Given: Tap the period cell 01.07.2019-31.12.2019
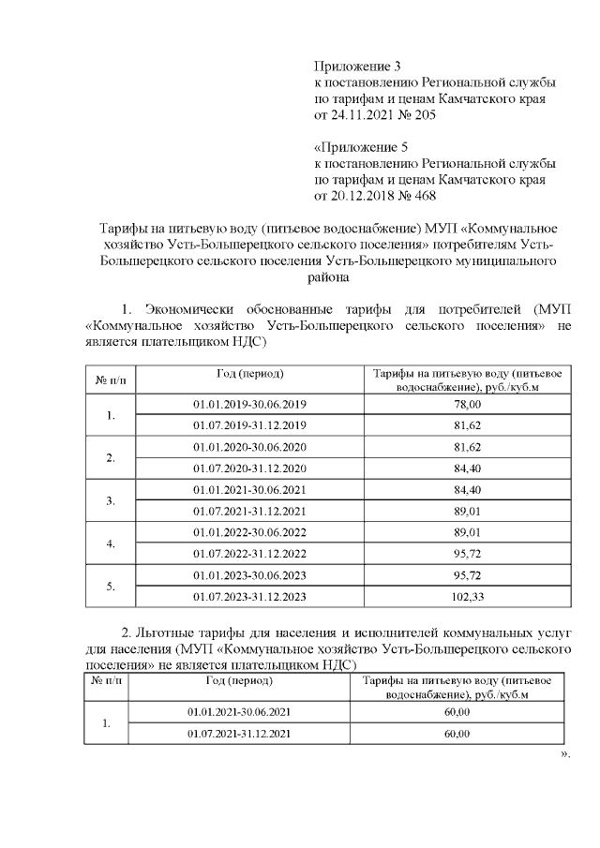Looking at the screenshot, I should point(249,424).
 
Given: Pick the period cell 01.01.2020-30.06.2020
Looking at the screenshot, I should point(249,446).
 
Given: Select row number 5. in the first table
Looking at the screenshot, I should point(111,586).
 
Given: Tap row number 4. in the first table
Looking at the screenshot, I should point(111,543).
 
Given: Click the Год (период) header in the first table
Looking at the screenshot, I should point(249,374).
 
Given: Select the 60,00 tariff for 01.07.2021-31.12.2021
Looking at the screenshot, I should point(457,733).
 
